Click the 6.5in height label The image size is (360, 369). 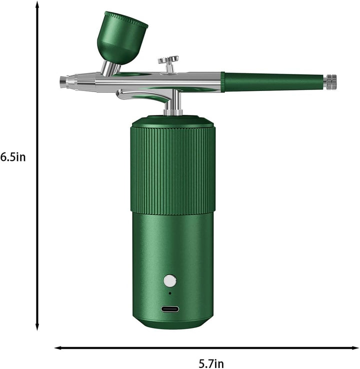pos(13,157)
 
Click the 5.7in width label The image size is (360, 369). pos(211,363)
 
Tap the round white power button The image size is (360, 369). pos(170,281)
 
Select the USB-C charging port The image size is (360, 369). pos(170,309)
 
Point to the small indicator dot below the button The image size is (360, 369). pos(170,293)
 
